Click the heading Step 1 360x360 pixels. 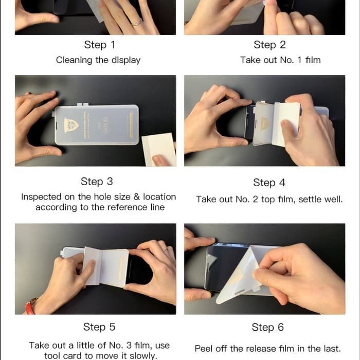tap(99, 45)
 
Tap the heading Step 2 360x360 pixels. tap(269, 45)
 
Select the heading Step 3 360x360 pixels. tap(97, 182)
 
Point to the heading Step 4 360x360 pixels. tap(269, 183)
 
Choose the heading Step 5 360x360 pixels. tap(99, 327)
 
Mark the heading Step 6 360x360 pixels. tap(268, 327)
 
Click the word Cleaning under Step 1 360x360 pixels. tap(74, 60)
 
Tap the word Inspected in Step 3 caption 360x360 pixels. tap(41, 197)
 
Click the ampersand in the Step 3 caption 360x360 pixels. tap(136, 197)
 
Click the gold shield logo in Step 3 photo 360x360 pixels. tap(71, 125)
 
